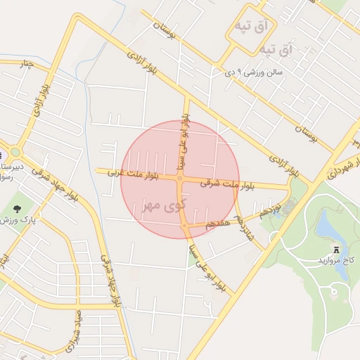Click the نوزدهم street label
269,208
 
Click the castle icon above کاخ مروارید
335,248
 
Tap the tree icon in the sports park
18,208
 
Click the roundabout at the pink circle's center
180,179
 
